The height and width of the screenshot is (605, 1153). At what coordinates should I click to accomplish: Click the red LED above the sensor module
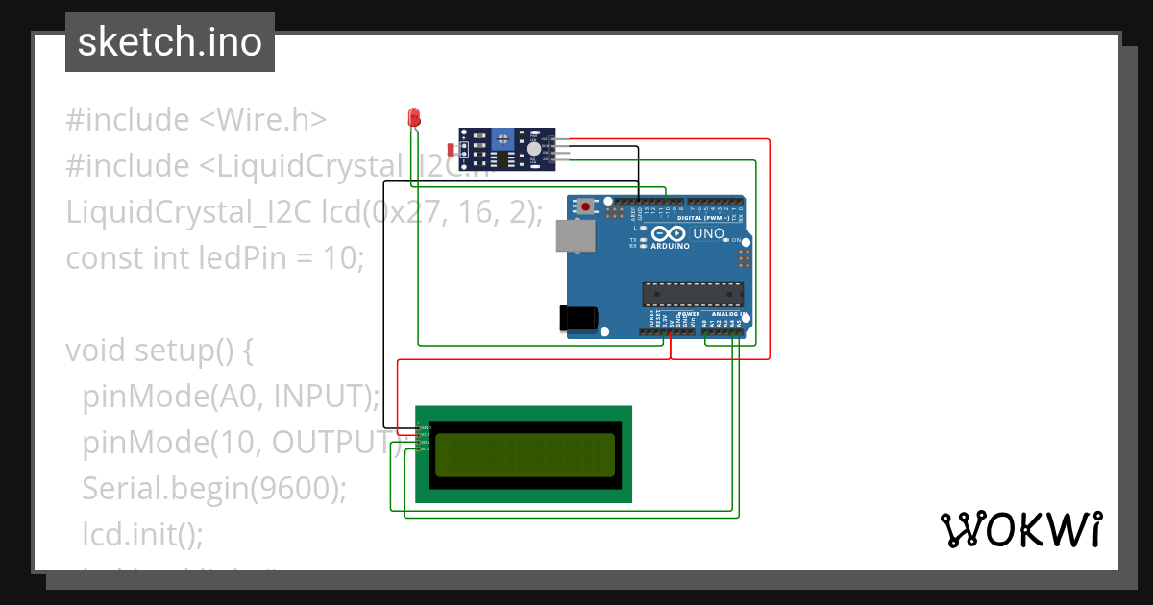414,118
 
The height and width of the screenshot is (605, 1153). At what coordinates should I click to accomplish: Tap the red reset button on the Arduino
586,205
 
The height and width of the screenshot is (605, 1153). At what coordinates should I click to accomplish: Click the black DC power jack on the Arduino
579,318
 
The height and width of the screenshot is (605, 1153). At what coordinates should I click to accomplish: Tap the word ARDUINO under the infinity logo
670,246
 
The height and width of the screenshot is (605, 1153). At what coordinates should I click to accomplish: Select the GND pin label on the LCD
426,427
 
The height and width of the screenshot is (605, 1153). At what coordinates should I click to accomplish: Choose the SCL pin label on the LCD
426,448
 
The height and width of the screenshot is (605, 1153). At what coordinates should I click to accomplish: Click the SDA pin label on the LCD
426,442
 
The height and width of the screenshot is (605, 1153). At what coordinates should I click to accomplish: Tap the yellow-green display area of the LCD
525,455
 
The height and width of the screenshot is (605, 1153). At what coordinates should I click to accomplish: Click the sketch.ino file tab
170,42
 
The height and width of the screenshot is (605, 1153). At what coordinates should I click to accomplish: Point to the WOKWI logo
1020,529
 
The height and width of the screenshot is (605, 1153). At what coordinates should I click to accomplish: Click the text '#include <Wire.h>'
197,120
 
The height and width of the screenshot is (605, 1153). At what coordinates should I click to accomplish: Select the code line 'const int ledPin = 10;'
215,257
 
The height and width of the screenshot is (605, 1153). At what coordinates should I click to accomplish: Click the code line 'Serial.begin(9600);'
213,488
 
